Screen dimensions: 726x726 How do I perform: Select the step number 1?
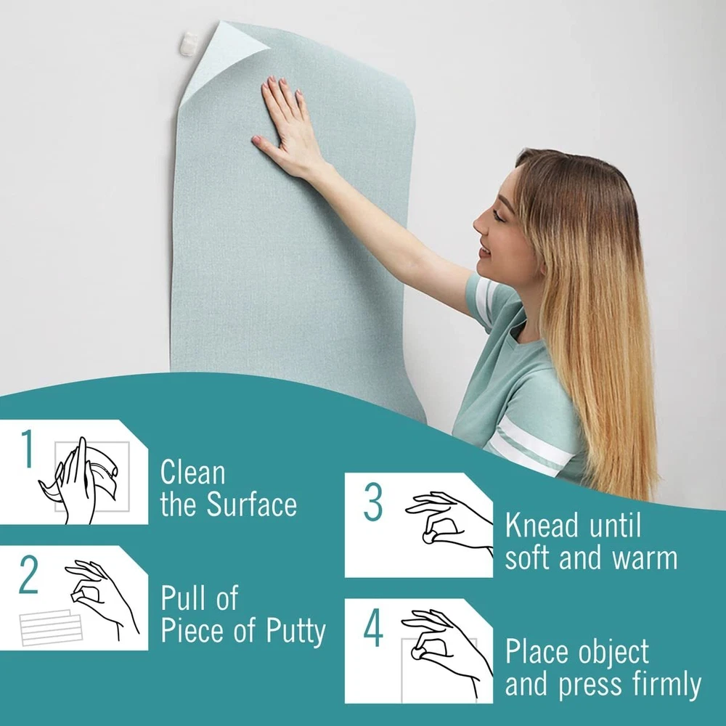(28, 448)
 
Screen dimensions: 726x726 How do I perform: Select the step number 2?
(29, 574)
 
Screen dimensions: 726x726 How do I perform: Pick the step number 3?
(373, 502)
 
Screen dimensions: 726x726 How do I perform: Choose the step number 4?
(373, 627)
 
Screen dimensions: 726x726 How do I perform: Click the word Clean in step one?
(193, 473)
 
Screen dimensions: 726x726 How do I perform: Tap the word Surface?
(251, 504)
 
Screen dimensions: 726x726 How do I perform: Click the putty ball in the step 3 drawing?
(429, 537)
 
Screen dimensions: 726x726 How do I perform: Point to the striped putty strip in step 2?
(51, 627)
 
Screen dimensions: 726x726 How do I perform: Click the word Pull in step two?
(179, 597)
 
